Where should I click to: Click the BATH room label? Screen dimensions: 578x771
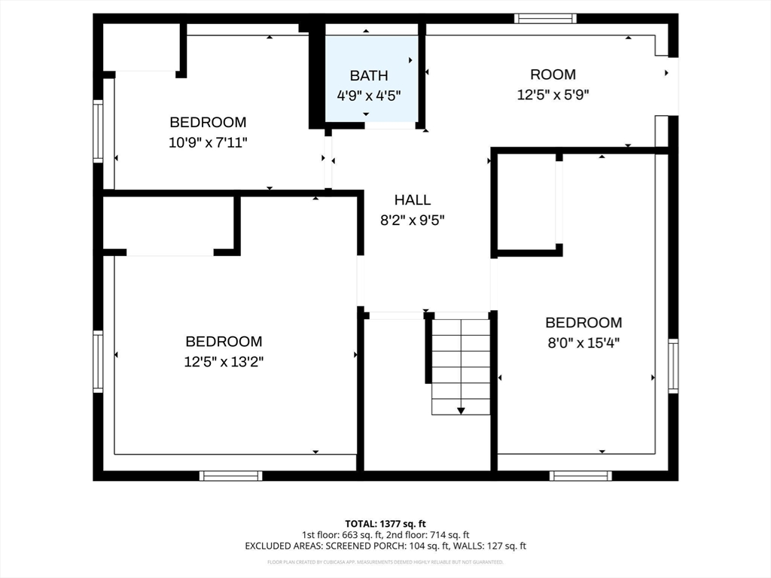pyautogui.click(x=369, y=75)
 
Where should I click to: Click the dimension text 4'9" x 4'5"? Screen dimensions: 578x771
pyautogui.click(x=369, y=96)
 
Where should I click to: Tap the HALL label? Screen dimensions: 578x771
pyautogui.click(x=413, y=199)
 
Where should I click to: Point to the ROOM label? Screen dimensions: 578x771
pyautogui.click(x=553, y=75)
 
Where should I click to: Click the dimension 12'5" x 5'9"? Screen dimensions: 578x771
pyautogui.click(x=553, y=95)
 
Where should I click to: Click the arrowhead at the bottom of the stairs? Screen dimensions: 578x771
pyautogui.click(x=461, y=410)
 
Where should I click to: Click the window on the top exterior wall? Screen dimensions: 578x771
pyautogui.click(x=545, y=18)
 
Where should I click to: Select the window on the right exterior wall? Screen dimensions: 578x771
pyautogui.click(x=673, y=366)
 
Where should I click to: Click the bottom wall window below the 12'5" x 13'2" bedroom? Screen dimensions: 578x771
pyautogui.click(x=231, y=476)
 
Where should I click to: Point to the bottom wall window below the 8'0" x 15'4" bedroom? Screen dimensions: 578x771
pyautogui.click(x=581, y=476)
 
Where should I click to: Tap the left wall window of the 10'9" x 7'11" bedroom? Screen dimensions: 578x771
pyautogui.click(x=98, y=131)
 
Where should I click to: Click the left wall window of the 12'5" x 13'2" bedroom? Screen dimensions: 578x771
pyautogui.click(x=98, y=361)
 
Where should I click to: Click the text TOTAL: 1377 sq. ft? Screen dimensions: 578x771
pyautogui.click(x=385, y=523)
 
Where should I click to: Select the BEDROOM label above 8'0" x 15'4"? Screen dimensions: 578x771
pyautogui.click(x=584, y=323)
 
